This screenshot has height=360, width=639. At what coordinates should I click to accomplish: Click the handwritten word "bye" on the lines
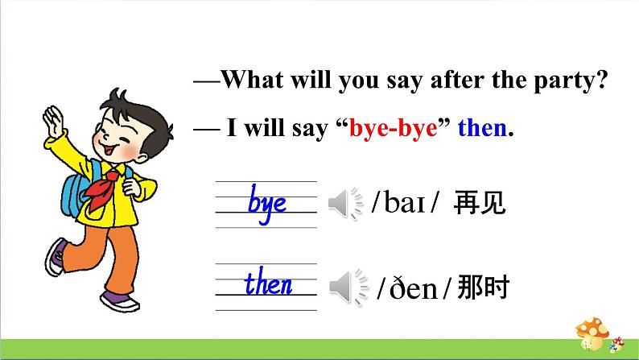point(267,203)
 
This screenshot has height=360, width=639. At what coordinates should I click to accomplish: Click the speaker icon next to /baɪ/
point(346,205)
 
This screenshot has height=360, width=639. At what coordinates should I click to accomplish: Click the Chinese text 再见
point(480,204)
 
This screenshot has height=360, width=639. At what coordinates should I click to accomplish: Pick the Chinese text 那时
point(483,287)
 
